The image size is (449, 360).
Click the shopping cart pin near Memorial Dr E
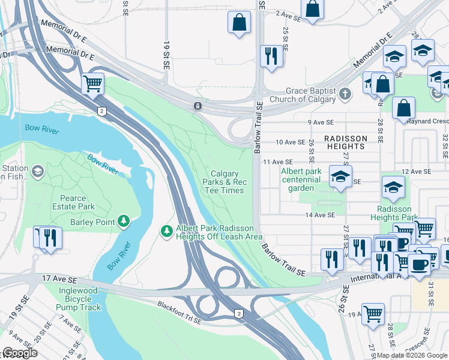pos(92,83)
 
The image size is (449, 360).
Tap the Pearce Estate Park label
pos(77,202)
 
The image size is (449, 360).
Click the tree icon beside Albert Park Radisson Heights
pos(167,230)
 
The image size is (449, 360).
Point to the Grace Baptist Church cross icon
pos(345,94)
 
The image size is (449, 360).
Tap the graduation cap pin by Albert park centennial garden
pos(340,176)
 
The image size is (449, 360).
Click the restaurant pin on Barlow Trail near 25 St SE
pos(271,56)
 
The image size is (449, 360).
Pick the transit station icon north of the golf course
pos(197,106)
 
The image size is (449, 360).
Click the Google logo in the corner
pos(19,353)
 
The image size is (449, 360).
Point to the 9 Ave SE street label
pos(321,122)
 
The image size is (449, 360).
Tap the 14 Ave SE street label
pos(319,215)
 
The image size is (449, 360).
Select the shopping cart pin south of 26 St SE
pos(373,314)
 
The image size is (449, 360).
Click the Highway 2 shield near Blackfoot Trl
pos(239,314)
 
